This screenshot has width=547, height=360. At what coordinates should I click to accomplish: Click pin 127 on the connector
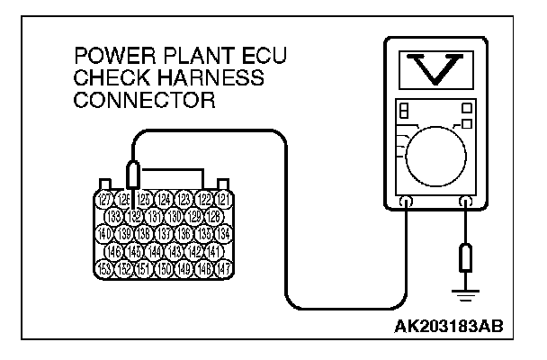pos(104,200)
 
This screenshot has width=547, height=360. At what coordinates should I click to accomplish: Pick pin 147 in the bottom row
pos(226,269)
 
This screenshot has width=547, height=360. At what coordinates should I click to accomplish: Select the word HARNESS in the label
pos(216,79)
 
